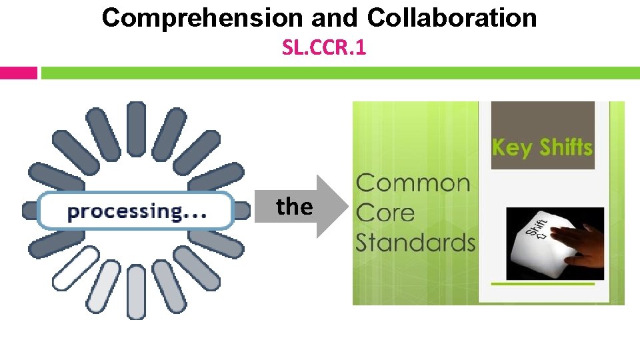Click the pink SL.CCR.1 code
coord(324,48)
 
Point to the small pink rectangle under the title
coord(19,73)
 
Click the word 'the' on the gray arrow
coord(295,207)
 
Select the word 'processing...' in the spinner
coord(137,212)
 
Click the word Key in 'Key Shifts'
coord(511,147)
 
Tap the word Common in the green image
coord(413,183)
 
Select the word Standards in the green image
coord(415,242)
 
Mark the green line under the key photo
coord(542,283)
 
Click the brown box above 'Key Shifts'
coord(541,117)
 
